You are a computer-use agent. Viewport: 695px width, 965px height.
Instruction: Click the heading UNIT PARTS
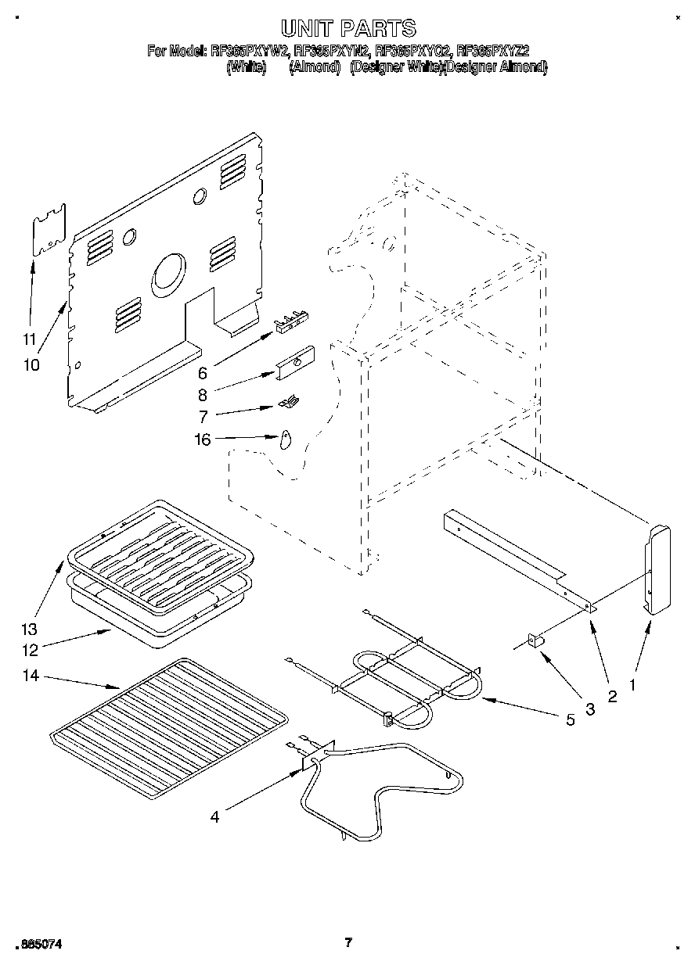coord(347,30)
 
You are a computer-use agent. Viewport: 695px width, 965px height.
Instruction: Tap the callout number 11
coord(30,339)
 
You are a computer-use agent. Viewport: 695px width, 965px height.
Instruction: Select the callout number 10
coord(31,364)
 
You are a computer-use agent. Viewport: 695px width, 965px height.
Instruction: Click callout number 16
coord(203,440)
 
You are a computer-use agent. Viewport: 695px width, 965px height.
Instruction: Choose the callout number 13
coord(29,629)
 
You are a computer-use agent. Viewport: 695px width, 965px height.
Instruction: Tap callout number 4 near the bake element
coord(214,818)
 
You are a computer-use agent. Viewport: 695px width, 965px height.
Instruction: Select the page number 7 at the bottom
coord(348,942)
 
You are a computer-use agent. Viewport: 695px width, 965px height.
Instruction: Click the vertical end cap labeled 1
coord(657,569)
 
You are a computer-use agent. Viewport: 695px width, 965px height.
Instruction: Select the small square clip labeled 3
coord(536,640)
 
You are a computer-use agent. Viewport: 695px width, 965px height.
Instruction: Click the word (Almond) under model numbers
coord(314,68)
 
